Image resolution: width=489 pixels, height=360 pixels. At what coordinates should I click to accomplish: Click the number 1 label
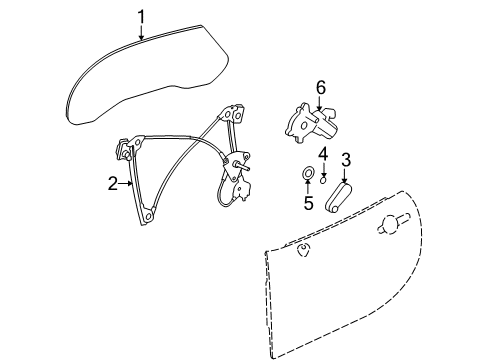142,15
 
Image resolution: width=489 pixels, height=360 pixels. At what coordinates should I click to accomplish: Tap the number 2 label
113,183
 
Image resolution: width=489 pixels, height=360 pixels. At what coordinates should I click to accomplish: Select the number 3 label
345,159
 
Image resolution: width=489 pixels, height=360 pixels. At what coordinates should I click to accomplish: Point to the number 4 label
324,153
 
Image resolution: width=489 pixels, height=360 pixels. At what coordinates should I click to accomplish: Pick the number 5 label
308,204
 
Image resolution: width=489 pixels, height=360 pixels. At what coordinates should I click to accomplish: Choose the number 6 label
321,88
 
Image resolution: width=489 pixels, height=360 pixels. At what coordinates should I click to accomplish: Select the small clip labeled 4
324,181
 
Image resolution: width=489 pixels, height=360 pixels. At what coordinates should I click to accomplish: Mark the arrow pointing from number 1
142,33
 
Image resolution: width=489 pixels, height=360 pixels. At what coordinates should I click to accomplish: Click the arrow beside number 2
127,183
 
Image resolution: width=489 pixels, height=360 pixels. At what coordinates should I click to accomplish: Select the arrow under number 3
345,174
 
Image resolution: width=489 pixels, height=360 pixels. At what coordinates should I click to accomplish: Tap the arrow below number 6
321,105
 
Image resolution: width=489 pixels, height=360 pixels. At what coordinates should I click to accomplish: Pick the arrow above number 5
308,190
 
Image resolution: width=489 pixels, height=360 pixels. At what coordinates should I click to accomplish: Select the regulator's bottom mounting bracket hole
148,214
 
